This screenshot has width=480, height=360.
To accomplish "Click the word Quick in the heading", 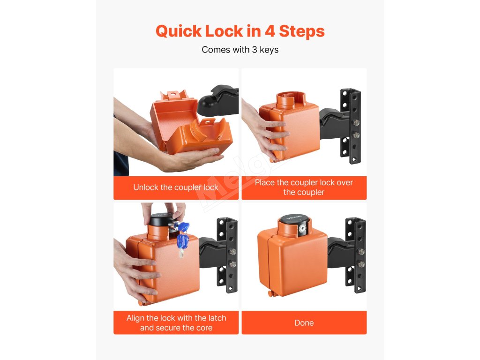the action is (179, 31).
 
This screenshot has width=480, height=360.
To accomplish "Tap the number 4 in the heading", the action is (270, 31).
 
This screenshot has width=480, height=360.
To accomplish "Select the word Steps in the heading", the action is (301, 32).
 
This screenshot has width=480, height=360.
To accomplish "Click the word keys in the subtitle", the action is (269, 50).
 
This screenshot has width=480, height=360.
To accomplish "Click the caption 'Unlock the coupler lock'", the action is (176, 187).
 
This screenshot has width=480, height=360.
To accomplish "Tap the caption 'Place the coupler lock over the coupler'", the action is (304, 187).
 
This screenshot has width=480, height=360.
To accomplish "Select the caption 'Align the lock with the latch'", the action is (176, 318).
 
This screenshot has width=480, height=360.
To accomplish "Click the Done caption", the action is (304, 322).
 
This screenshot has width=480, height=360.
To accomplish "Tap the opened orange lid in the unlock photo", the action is (173, 115).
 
